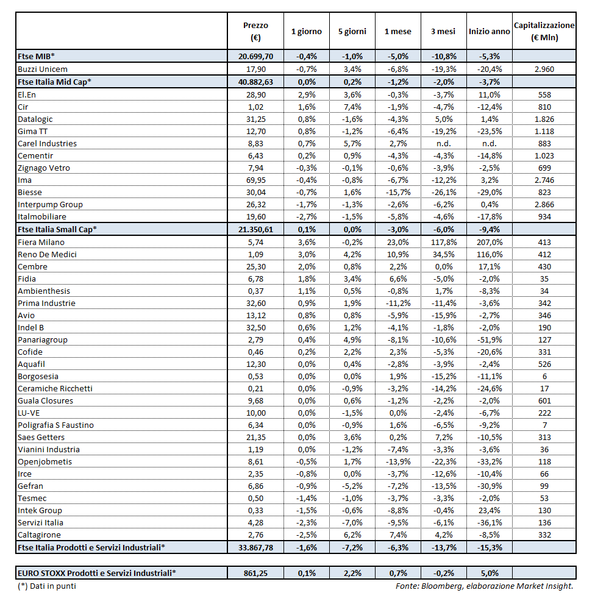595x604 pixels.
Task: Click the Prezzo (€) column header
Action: (x=255, y=32)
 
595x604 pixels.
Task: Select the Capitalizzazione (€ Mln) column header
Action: (x=544, y=32)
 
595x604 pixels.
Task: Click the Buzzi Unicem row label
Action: (x=43, y=69)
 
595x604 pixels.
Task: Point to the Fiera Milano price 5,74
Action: (x=255, y=242)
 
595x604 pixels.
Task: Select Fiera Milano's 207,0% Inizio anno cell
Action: (x=490, y=242)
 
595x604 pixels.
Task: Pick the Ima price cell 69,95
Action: (x=255, y=180)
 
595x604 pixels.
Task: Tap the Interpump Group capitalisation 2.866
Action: (x=544, y=204)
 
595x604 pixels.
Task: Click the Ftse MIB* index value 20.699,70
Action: (x=255, y=56)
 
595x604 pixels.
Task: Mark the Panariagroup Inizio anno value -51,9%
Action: (x=490, y=339)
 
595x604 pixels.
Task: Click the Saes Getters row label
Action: (x=41, y=437)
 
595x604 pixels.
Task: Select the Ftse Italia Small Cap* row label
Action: (x=57, y=229)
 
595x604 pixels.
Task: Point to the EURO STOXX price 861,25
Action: (x=255, y=573)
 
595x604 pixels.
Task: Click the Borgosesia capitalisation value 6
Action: (x=544, y=376)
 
